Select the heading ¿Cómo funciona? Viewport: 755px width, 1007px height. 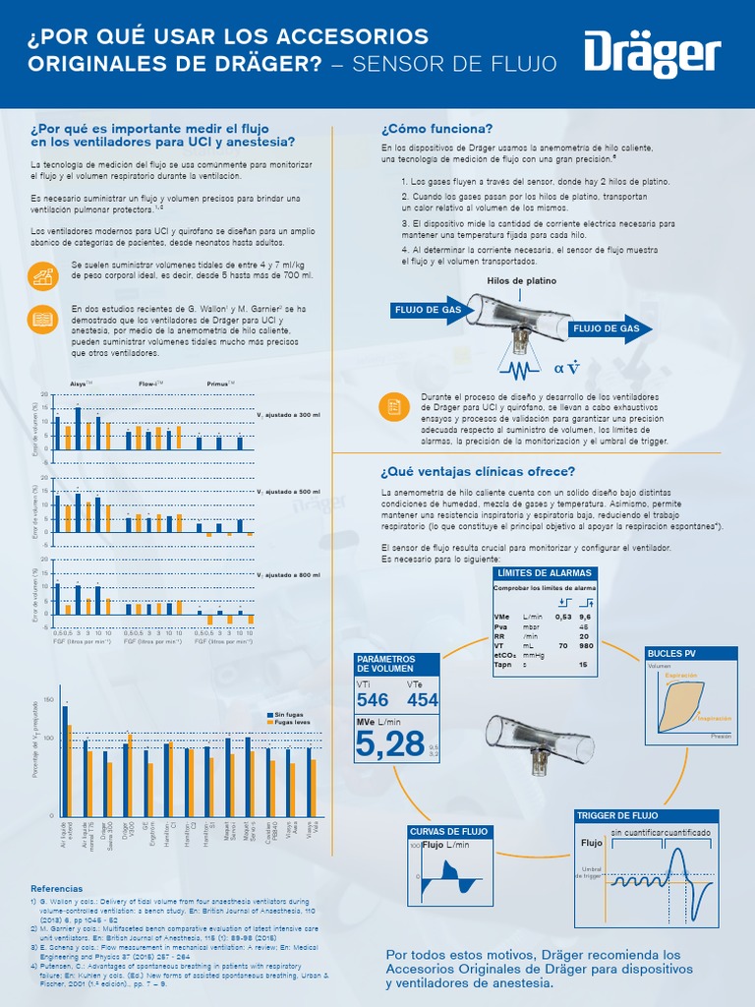(436, 129)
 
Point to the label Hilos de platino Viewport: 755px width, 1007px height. (521, 280)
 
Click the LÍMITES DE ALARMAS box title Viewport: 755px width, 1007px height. (545, 572)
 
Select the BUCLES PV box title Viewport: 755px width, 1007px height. (670, 654)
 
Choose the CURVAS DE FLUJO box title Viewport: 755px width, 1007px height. (448, 831)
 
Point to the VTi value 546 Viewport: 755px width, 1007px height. (373, 700)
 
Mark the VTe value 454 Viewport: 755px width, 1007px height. (423, 700)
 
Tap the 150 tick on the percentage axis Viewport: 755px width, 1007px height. (50, 699)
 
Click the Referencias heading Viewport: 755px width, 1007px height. (57, 889)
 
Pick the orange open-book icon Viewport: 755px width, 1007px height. (42, 319)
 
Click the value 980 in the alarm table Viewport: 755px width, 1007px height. (584, 646)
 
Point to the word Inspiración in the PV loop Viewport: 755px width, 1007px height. (715, 718)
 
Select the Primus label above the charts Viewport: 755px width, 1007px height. (218, 383)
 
